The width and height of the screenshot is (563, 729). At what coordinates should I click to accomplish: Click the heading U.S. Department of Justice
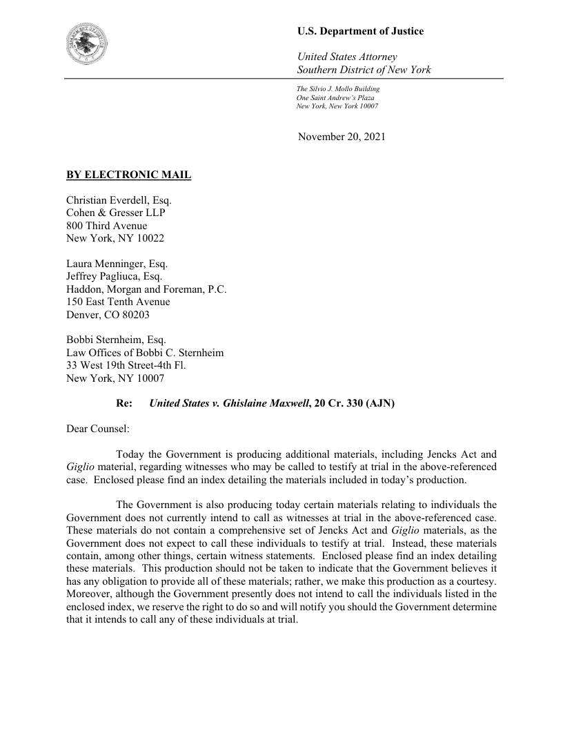(x=360, y=31)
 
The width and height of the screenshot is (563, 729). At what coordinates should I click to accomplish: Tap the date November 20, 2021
(x=342, y=137)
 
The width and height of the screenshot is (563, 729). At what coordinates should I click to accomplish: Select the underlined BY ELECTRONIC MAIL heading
(x=128, y=175)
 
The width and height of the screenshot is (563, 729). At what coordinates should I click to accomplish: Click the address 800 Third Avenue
(x=106, y=226)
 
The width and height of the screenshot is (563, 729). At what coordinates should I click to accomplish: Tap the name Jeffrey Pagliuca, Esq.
(x=114, y=276)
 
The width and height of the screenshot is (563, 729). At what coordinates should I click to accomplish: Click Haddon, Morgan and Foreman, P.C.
(x=146, y=289)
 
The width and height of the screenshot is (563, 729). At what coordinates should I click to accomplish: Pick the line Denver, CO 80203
(x=108, y=315)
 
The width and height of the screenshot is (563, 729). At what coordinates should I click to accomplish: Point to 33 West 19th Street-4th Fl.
(x=126, y=365)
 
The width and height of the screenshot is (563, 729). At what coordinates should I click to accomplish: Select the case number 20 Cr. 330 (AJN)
(x=354, y=403)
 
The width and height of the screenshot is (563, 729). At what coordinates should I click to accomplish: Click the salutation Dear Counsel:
(x=98, y=429)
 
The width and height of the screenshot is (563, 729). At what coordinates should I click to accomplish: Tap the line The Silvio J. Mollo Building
(x=338, y=89)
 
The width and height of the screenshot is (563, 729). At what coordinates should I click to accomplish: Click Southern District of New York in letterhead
(x=364, y=70)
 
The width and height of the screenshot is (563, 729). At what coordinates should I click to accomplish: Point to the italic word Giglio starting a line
(x=81, y=467)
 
